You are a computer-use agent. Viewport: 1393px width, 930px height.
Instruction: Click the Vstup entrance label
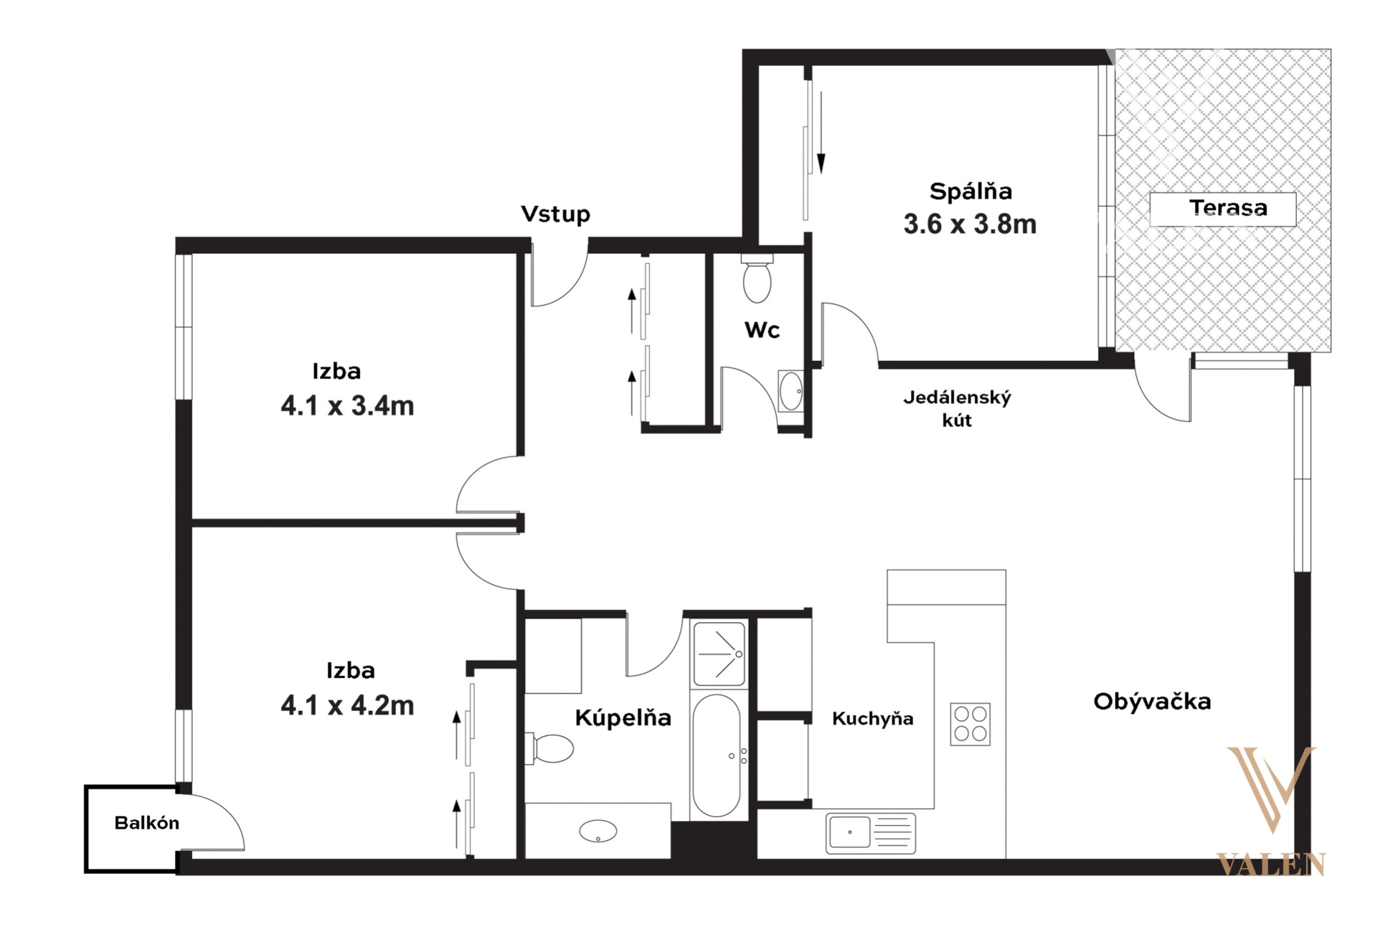[x=555, y=214]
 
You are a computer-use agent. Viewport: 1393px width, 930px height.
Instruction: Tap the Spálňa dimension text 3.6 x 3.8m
[x=970, y=224]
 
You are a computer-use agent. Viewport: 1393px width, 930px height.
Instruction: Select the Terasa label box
[x=1223, y=209]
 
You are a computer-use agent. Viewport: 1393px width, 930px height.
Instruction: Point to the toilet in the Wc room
[x=757, y=278]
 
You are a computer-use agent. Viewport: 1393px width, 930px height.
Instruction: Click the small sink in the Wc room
[x=790, y=391]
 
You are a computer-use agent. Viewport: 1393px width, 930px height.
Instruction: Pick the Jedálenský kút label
[x=957, y=409]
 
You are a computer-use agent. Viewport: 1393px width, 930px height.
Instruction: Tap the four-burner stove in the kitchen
[x=970, y=724]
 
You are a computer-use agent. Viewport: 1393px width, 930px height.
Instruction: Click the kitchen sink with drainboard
[x=871, y=833]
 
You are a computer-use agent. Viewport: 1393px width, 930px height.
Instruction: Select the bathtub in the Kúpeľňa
[x=716, y=756]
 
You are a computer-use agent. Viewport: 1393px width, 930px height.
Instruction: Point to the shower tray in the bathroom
[x=719, y=653]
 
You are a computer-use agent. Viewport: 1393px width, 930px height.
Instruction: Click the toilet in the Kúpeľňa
[x=550, y=748]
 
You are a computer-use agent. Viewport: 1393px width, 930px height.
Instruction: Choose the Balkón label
[x=146, y=822]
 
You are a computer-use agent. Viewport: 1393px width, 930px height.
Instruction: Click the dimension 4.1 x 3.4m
[x=348, y=406]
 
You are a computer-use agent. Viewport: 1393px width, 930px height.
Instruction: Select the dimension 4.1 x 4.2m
[x=348, y=706]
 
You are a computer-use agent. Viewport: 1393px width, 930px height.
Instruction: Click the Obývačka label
[x=1152, y=701]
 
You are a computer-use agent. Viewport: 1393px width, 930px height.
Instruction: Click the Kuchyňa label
[x=872, y=719]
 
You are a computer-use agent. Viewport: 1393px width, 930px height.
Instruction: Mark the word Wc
[x=762, y=330]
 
